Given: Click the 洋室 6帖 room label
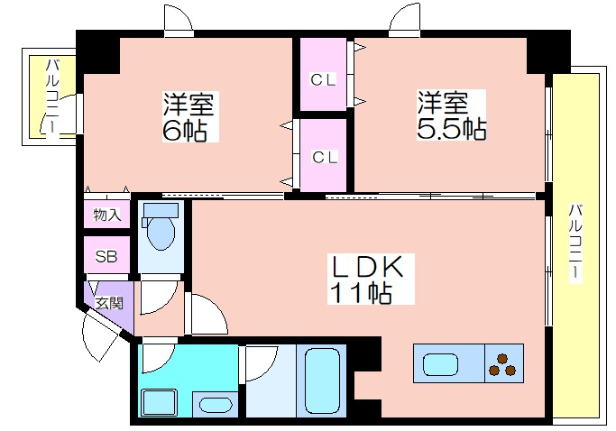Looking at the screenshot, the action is tap(189, 117).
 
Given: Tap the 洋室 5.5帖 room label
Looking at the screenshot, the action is tap(451, 115).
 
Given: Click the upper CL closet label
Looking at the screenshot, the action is tap(323, 80).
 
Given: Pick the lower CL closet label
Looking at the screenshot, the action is tap(325, 158).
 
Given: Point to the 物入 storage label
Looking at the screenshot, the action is tap(106, 215).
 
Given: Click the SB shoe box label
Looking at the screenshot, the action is tap(106, 257).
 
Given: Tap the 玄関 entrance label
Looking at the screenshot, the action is tap(110, 303).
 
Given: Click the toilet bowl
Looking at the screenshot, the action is tap(161, 234).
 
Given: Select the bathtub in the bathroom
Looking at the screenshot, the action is tap(322, 381).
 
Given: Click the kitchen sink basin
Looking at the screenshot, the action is tap(440, 364).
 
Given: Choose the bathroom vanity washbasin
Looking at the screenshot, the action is tap(216, 404).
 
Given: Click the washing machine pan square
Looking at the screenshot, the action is tap(159, 402).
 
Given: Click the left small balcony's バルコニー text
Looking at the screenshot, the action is tap(53, 97).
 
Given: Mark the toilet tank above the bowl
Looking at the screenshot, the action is tap(161, 210).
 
